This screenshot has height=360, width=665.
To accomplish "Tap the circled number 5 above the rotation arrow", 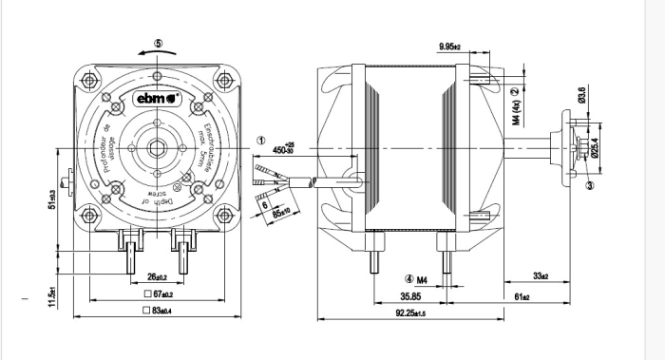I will (x=159, y=43).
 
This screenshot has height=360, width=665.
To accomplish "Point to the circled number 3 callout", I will (x=590, y=185).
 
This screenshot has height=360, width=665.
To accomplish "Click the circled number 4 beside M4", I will (x=409, y=279).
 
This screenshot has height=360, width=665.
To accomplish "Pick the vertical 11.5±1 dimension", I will (x=51, y=295).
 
